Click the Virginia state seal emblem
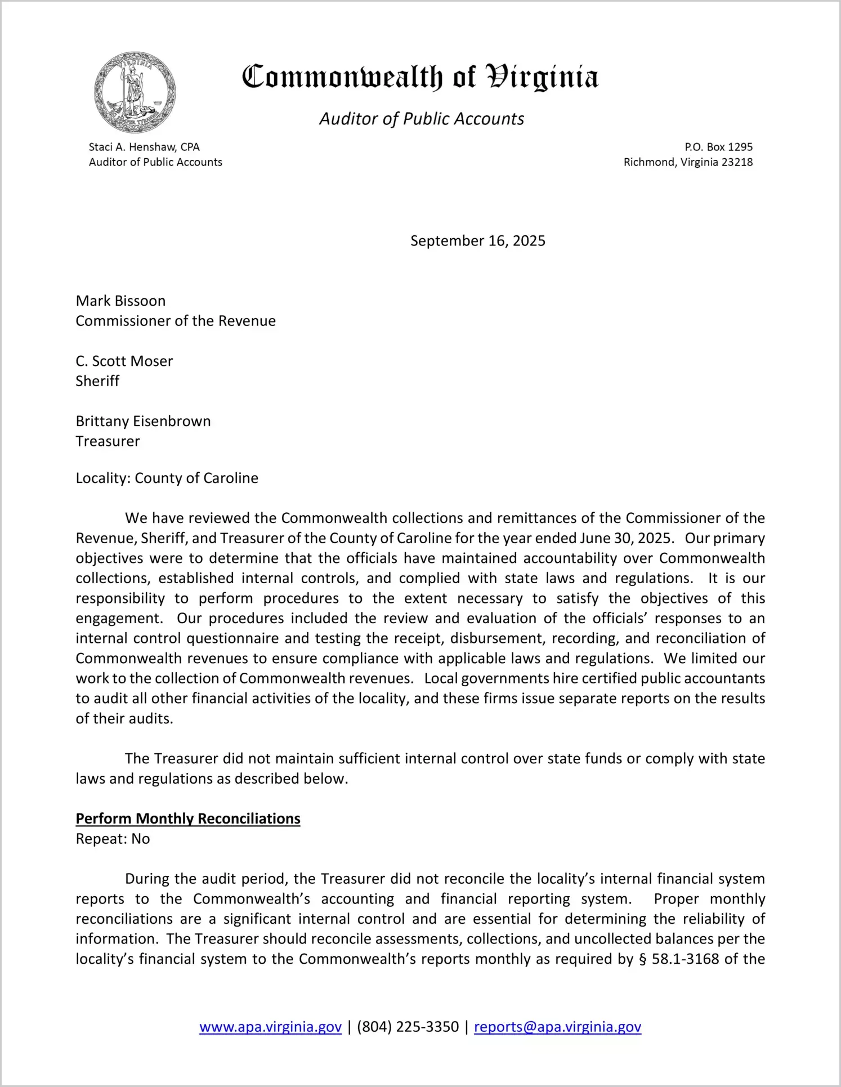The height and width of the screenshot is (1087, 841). [135, 92]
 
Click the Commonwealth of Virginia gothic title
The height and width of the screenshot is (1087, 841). [420, 78]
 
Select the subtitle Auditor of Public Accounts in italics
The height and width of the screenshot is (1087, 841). [422, 119]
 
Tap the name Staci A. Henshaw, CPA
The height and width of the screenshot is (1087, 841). [144, 147]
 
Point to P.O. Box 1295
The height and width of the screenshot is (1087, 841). [718, 147]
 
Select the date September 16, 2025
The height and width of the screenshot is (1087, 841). [477, 241]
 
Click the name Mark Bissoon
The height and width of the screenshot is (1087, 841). [120, 301]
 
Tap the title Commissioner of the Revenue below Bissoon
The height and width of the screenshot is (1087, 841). [176, 321]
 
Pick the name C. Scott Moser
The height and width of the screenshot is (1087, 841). [124, 361]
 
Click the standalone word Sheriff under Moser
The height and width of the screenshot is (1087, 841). [97, 381]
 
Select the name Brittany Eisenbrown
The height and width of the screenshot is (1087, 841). [143, 421]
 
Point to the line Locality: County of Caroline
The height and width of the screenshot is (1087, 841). [167, 478]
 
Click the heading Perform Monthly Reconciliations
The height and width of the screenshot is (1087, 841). [188, 818]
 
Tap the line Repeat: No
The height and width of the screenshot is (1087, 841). [113, 839]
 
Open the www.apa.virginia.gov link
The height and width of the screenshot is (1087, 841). [270, 1027]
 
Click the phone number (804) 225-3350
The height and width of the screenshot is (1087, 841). [408, 1027]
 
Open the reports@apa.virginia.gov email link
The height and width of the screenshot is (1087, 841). [557, 1027]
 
